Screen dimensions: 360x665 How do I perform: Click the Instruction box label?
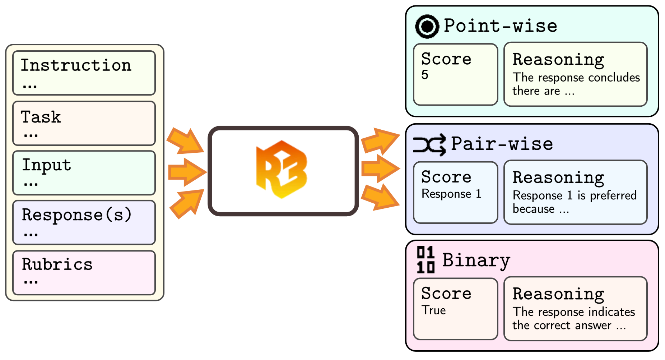click(76, 65)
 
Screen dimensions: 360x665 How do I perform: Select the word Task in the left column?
click(41, 117)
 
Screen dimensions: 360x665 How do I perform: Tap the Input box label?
click(46, 165)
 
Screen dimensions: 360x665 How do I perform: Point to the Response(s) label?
click(76, 215)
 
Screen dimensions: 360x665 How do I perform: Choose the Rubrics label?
click(57, 264)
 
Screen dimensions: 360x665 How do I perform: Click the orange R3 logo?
click(282, 170)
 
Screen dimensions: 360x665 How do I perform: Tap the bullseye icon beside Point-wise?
click(427, 27)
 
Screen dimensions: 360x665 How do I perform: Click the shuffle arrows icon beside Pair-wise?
click(429, 145)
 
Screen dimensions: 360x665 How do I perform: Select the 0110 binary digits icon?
click(425, 260)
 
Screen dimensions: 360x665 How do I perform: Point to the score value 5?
click(425, 75)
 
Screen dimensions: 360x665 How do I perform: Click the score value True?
click(434, 310)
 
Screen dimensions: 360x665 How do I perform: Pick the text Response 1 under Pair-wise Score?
click(451, 194)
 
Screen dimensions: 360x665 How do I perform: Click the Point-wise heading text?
click(500, 26)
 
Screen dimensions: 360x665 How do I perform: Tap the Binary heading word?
click(476, 260)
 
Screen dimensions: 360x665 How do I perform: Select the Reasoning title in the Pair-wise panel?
click(558, 177)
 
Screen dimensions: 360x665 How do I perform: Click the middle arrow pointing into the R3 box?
click(187, 172)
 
